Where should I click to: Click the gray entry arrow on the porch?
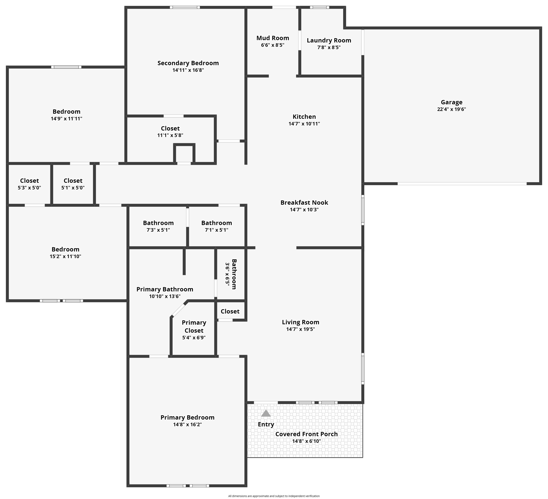click(266, 413)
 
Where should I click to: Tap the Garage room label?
click(452, 102)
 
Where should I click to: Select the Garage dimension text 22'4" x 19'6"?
click(452, 109)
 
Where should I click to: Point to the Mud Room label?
click(273, 38)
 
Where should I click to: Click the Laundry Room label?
click(329, 41)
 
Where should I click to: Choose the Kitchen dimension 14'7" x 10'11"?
click(304, 124)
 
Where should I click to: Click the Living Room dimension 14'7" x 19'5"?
click(300, 329)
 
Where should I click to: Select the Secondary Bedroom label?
click(188, 63)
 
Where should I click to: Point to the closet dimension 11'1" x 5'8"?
click(170, 135)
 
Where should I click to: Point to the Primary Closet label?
click(194, 327)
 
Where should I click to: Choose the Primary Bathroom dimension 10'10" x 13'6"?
click(165, 296)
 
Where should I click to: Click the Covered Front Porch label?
click(306, 434)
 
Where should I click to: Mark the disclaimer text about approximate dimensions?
click(274, 496)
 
